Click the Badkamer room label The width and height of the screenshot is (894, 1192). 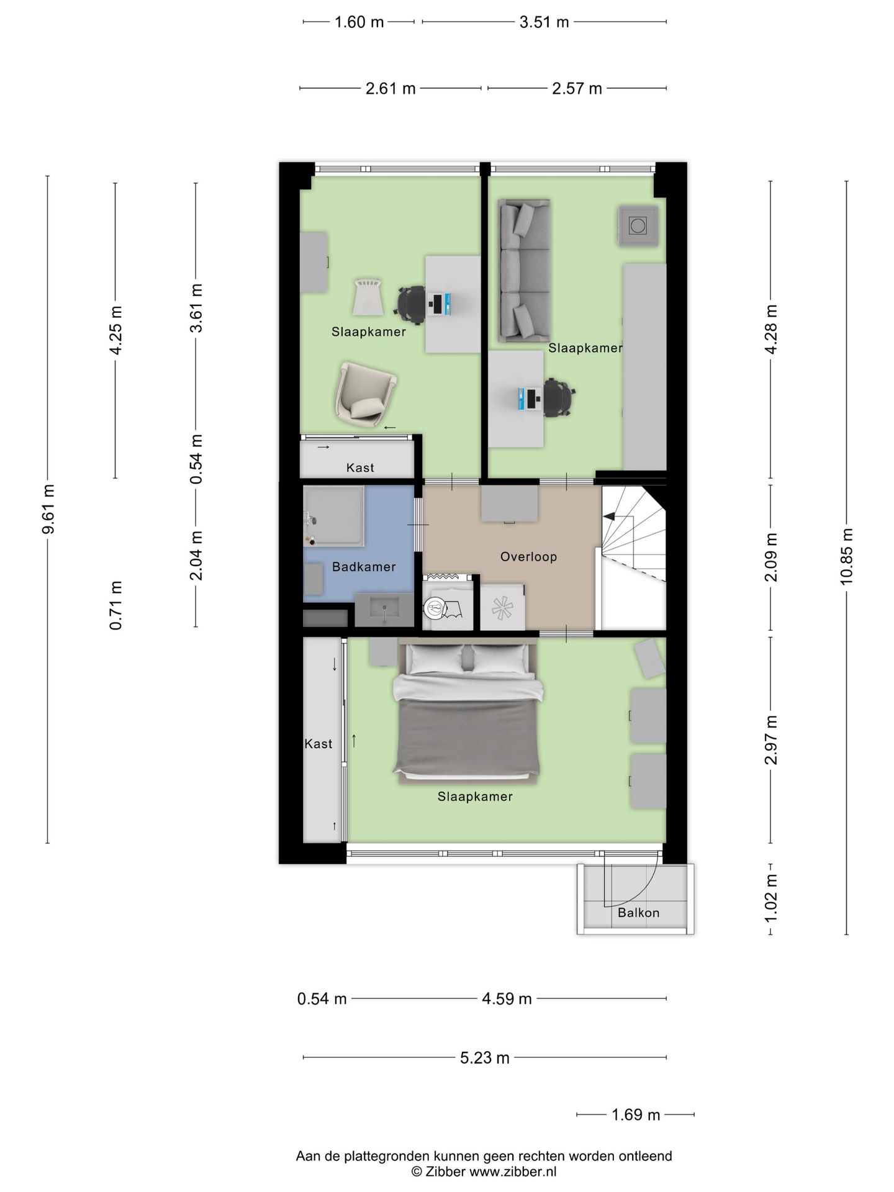(364, 567)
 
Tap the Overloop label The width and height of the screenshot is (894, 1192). (529, 557)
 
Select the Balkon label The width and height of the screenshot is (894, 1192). (638, 913)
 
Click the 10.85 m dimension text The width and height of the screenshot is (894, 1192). (847, 556)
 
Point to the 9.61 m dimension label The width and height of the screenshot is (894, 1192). (48, 508)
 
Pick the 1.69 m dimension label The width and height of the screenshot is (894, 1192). (636, 1114)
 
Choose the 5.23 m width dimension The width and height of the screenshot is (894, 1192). (485, 1057)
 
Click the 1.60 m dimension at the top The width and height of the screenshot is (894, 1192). (359, 22)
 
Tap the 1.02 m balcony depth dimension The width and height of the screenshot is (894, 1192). (771, 897)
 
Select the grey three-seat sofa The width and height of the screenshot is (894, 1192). (525, 271)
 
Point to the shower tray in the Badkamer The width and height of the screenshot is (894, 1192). (333, 517)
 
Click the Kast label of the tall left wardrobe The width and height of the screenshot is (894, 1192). (318, 744)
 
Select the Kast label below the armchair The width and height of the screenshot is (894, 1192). (360, 467)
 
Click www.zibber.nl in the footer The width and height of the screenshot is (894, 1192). (513, 1172)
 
